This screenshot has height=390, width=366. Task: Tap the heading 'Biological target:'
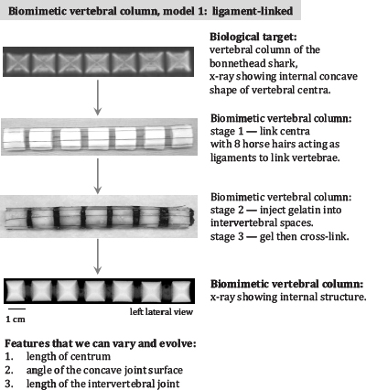pyautogui.click(x=253, y=37)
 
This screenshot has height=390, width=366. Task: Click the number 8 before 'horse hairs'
pyautogui.click(x=237, y=144)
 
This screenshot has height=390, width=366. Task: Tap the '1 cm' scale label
pyautogui.click(x=16, y=320)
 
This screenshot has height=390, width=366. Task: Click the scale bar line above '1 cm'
pyautogui.click(x=16, y=309)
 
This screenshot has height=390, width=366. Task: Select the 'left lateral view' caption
pyautogui.click(x=161, y=311)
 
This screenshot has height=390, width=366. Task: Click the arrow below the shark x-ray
pyautogui.click(x=97, y=98)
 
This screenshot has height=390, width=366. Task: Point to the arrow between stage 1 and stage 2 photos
pyautogui.click(x=97, y=176)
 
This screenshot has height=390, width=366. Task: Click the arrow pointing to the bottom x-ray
pyautogui.click(x=97, y=256)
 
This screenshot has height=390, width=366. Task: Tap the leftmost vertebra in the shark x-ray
pyautogui.click(x=17, y=62)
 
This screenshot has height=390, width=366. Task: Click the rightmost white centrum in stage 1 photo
pyautogui.click(x=182, y=137)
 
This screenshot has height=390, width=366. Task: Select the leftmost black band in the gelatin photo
pyautogui.click(x=29, y=217)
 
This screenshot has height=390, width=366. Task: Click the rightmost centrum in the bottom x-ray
pyautogui.click(x=181, y=291)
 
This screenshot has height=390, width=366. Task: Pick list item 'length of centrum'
pyautogui.click(x=69, y=356)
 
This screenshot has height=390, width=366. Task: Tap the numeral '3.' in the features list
pyautogui.click(x=9, y=384)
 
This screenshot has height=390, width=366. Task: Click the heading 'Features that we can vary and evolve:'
pyautogui.click(x=101, y=343)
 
